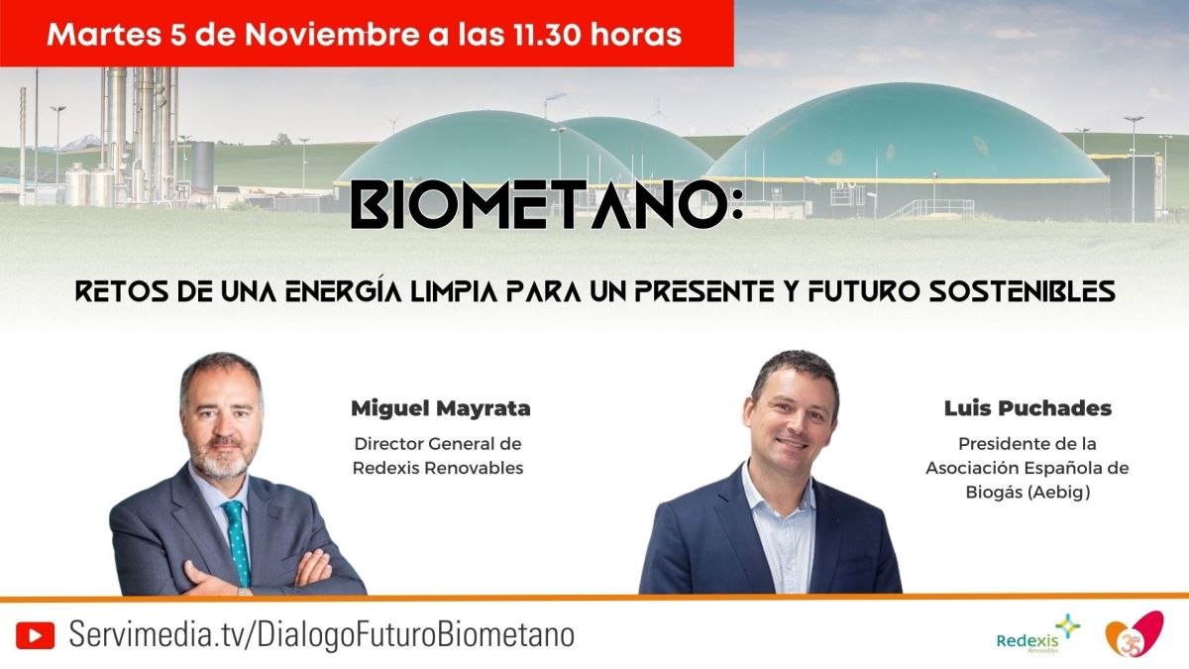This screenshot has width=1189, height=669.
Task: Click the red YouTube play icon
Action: click(35, 635)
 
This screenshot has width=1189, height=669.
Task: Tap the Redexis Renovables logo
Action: click(1037, 634)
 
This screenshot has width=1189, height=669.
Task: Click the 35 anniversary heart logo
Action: click(1135, 634)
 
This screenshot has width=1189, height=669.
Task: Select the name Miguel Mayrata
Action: click(441, 408)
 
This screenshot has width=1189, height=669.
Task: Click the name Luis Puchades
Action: click(1027, 408)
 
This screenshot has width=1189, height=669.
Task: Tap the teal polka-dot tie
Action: click(237, 541)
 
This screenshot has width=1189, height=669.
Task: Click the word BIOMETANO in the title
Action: click(539, 204)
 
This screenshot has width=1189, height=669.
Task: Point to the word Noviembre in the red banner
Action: click(332, 35)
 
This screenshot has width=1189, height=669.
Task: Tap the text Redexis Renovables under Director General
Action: click(438, 468)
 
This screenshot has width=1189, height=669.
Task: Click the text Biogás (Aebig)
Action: click(1027, 493)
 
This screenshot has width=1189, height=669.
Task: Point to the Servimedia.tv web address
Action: click(322, 635)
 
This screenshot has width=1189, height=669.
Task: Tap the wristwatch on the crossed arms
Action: click(244, 591)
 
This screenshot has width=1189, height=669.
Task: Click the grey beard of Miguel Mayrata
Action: click(219, 459)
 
